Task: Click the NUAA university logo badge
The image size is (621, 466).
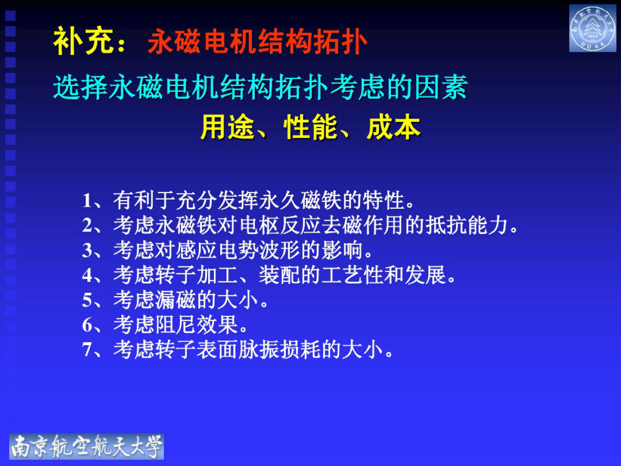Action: point(592,28)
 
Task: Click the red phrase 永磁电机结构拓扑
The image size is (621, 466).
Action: point(257,42)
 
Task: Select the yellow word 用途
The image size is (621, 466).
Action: point(228,128)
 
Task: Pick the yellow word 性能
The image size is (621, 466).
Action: point(310,128)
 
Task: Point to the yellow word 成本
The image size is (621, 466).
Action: point(393,128)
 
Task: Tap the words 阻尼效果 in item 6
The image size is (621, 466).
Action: point(196,325)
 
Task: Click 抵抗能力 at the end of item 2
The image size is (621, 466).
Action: point(467,225)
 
